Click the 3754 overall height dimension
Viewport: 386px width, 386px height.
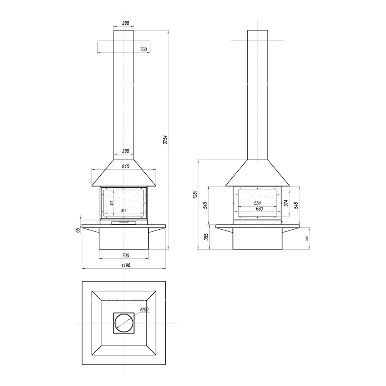point(166,140)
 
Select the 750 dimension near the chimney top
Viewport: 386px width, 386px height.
point(144,49)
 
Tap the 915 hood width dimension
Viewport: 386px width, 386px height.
point(125,166)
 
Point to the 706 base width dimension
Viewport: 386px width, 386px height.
point(125,256)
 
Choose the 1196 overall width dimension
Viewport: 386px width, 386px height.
point(125,265)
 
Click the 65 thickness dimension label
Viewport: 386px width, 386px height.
point(78,230)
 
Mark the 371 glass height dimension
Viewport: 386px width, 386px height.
point(111,203)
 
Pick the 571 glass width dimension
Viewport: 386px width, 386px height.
point(124,211)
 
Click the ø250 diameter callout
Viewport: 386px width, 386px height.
point(144,310)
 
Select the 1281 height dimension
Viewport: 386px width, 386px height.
point(195,195)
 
